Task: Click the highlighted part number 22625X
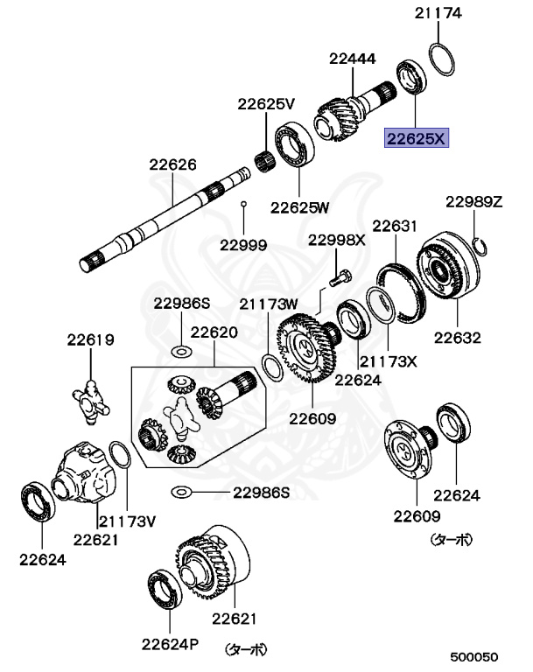pyautogui.click(x=417, y=138)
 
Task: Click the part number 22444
pyautogui.click(x=353, y=59)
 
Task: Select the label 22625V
pyautogui.click(x=266, y=104)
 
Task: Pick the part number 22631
pyautogui.click(x=396, y=226)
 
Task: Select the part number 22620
pyautogui.click(x=214, y=332)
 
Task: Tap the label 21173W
pyautogui.click(x=270, y=304)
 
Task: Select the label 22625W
pyautogui.click(x=299, y=207)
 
